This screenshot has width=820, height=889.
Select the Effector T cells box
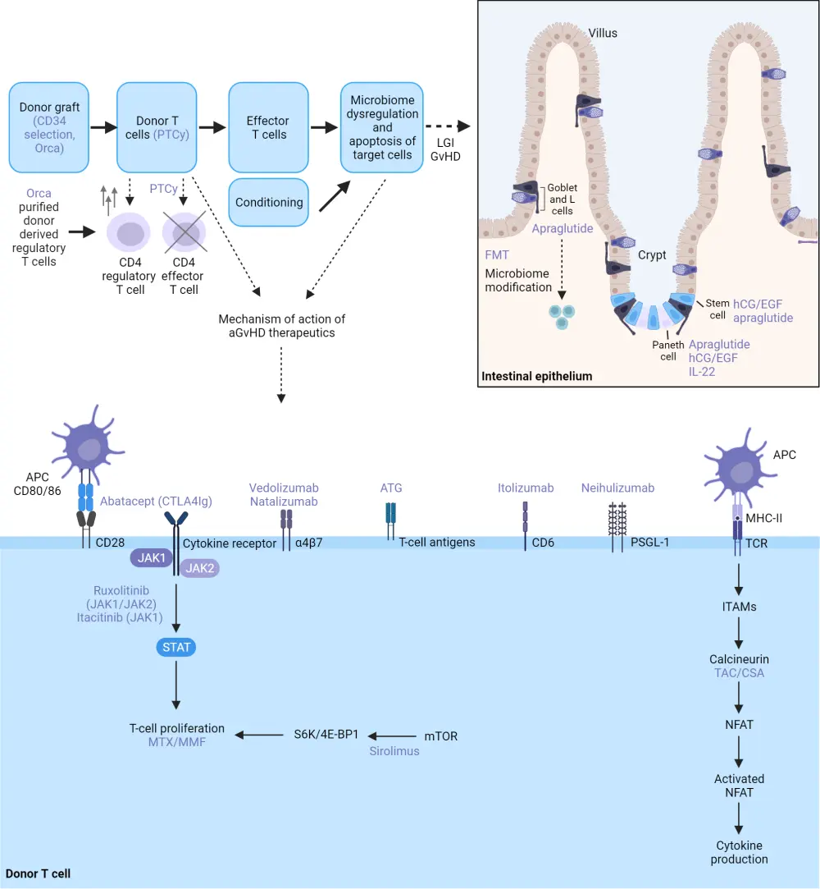[x=268, y=127]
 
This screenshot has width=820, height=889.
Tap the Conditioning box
[x=268, y=202]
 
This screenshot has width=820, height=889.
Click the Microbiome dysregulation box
[x=381, y=127]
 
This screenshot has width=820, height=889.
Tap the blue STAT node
[x=175, y=647]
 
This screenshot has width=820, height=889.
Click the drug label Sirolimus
[x=394, y=750]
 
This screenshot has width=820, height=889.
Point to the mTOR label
[x=441, y=736]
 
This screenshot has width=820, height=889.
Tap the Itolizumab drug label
[x=526, y=488]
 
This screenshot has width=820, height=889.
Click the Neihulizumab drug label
[x=617, y=488]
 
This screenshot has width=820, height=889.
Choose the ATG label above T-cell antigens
[x=391, y=488]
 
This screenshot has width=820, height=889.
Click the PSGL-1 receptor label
[x=649, y=542]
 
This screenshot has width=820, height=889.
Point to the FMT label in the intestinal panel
[x=497, y=255]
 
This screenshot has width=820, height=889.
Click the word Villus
[x=602, y=33]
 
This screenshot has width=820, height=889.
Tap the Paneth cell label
[x=668, y=351]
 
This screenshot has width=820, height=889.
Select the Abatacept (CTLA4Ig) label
[x=157, y=501]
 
